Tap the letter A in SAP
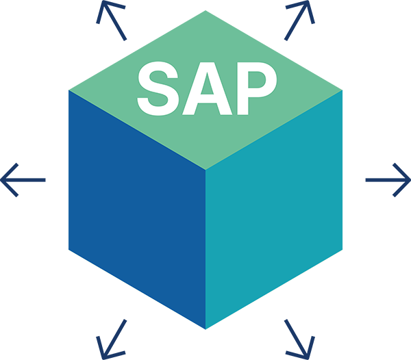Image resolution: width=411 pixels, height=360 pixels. pyautogui.click(x=206, y=89)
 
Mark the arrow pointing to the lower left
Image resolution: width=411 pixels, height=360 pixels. pyautogui.click(x=110, y=337)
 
